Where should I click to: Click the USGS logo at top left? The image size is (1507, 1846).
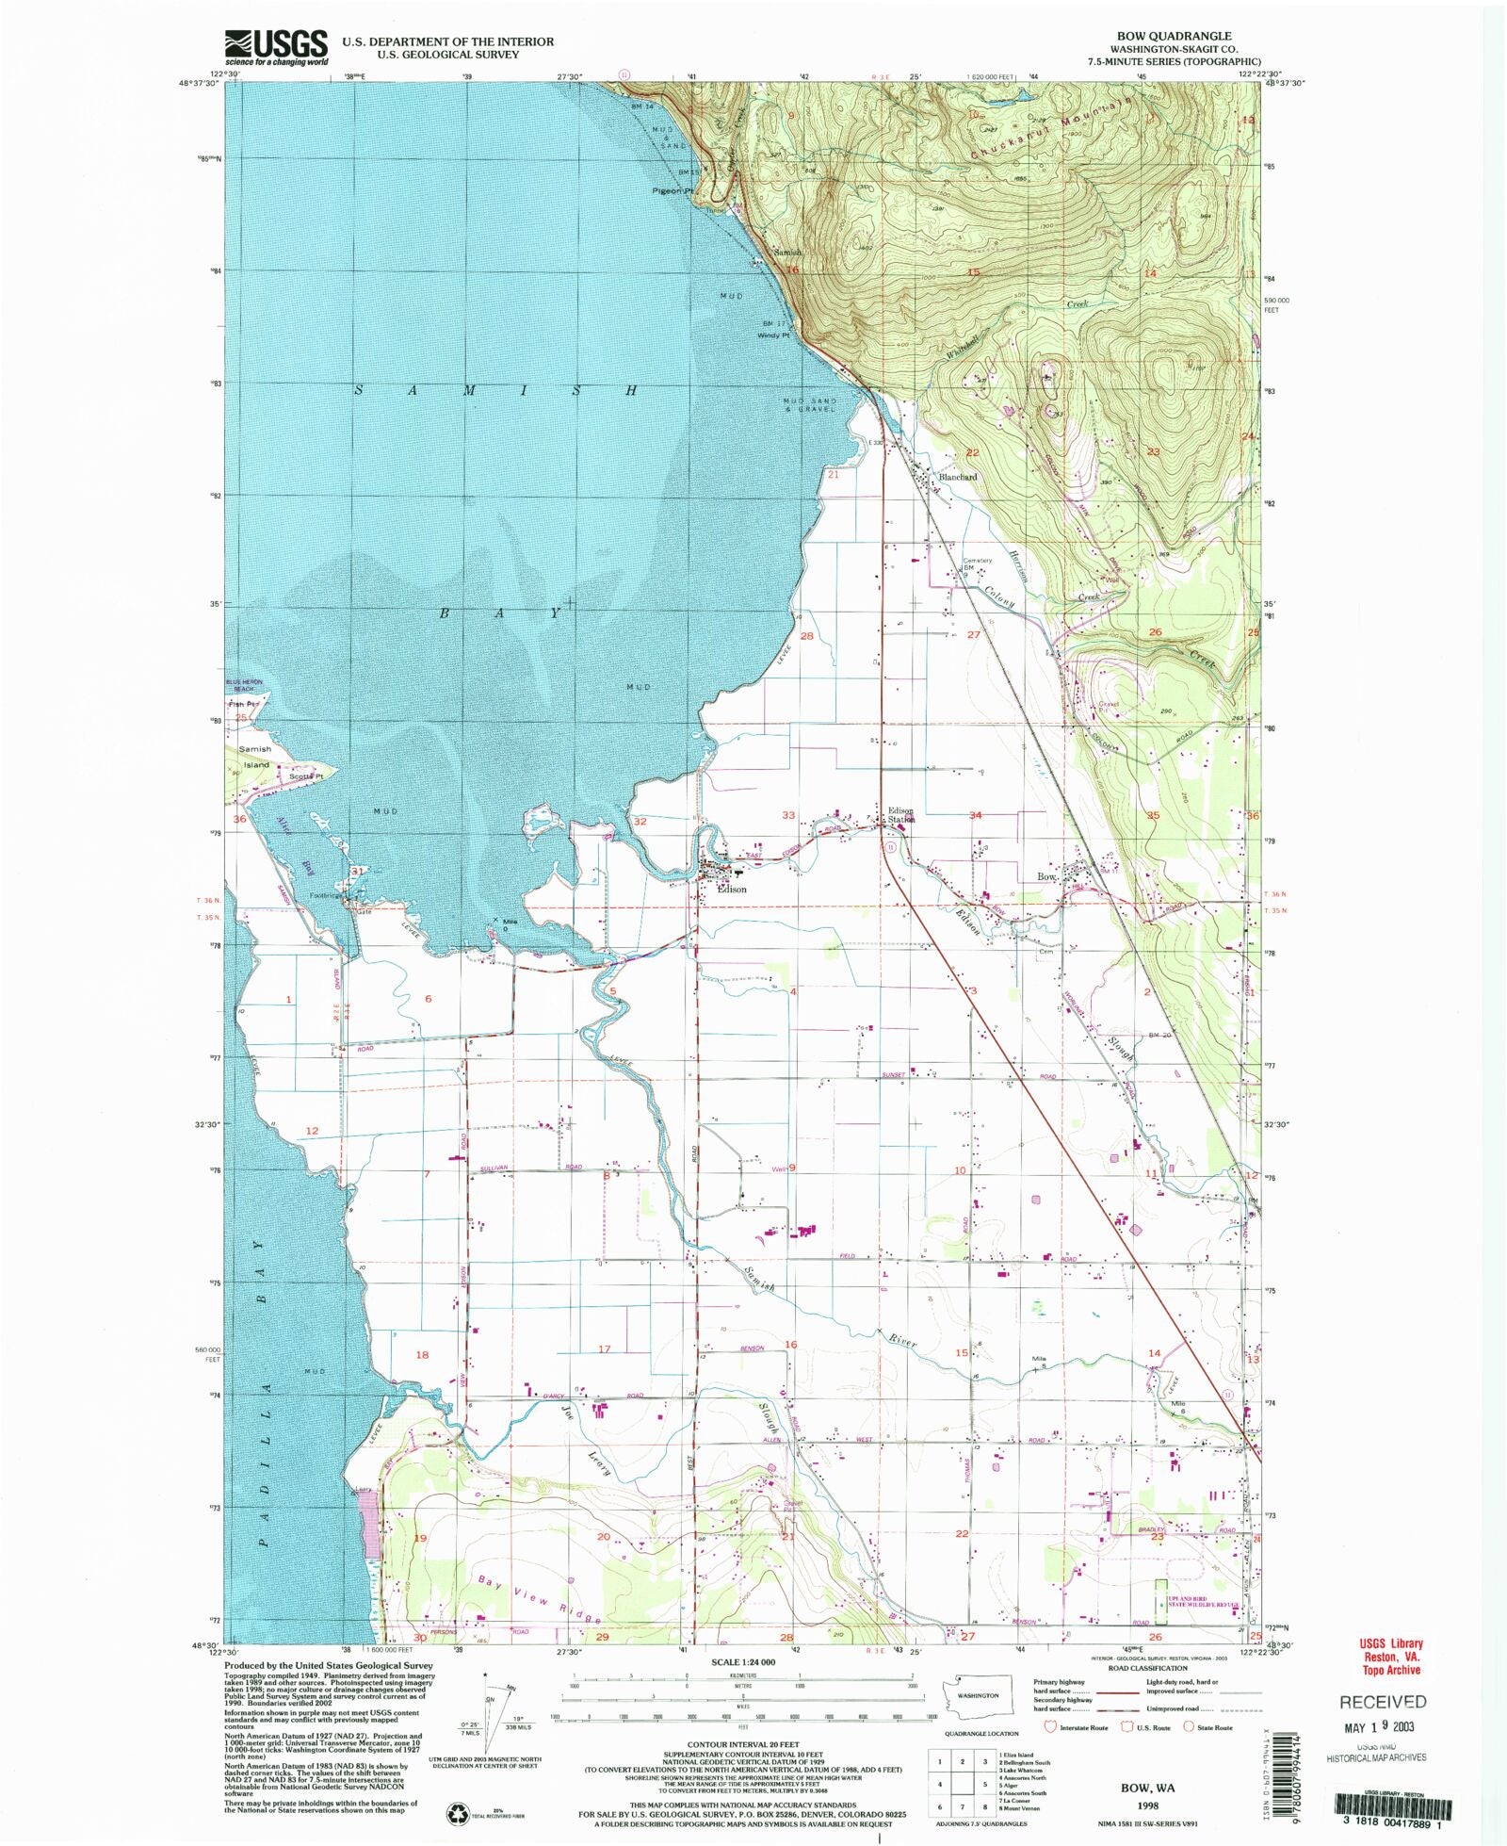276,47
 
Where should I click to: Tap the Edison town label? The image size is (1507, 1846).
732,889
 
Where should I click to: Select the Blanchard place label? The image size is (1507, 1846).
957,477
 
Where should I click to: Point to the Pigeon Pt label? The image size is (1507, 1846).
673,190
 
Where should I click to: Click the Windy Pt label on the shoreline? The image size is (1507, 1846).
772,335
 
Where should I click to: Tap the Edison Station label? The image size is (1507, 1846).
901,815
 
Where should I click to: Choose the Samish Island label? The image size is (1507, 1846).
254,757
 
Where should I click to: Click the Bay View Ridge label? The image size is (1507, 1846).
539,1597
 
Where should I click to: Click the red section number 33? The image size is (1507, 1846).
788,815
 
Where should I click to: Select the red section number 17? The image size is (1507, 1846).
604,1348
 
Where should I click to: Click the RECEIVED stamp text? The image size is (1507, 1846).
1383,1702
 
